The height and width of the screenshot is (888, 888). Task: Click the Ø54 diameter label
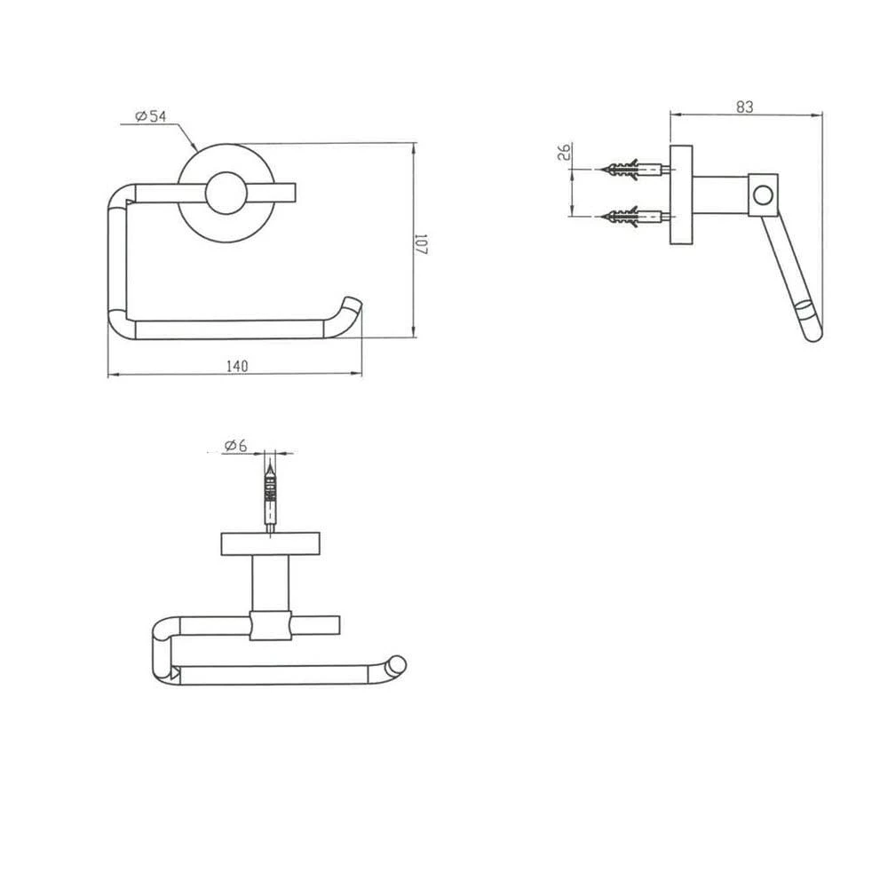click(x=151, y=116)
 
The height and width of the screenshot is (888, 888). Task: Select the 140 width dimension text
click(x=237, y=367)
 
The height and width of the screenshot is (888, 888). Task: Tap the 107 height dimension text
click(x=421, y=244)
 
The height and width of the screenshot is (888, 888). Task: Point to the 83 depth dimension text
click(x=745, y=107)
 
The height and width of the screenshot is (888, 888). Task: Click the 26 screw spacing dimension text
click(x=565, y=152)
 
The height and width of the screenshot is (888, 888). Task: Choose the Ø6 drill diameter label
click(x=235, y=446)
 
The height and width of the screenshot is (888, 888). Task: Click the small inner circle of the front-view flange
click(x=226, y=193)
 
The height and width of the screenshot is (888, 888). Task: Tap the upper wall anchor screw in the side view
click(x=637, y=170)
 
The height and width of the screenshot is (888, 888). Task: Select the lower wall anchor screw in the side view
click(x=637, y=217)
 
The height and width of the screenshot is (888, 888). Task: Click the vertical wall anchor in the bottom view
click(x=271, y=498)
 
